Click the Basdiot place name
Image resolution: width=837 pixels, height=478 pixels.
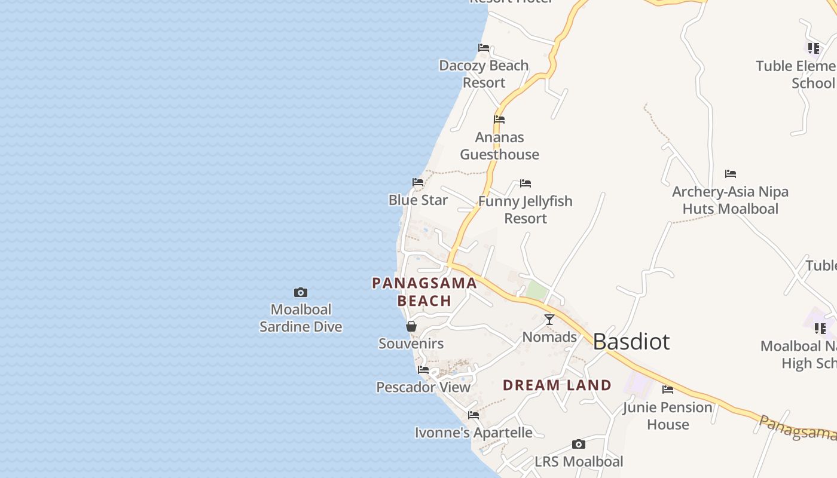631,342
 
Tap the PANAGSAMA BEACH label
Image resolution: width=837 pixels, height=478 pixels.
424,292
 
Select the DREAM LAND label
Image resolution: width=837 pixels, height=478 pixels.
557,385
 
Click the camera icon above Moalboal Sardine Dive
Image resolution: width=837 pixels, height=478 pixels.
301,292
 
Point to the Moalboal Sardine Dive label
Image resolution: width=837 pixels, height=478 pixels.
301,318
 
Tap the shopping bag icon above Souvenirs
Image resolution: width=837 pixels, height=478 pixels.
411,326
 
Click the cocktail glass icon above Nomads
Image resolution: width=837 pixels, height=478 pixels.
549,320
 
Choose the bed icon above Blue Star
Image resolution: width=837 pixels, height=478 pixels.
418,182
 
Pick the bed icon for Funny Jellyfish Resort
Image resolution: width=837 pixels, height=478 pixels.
526,183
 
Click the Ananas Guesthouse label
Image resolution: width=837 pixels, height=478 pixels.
499,146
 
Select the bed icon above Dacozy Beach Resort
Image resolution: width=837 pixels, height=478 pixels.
484,48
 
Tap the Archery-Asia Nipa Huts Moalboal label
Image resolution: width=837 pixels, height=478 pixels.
730,200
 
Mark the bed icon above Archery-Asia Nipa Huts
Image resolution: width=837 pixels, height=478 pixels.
730,174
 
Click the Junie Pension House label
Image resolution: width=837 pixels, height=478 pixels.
668,416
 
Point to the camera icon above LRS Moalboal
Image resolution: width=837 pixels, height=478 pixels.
578,444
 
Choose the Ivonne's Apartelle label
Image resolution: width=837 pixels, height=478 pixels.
474,433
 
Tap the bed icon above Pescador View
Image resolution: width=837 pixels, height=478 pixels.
423,370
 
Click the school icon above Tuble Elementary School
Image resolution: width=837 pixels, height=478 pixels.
813,48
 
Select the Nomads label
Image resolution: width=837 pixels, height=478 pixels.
549,337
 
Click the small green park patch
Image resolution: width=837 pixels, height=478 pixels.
537,291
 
